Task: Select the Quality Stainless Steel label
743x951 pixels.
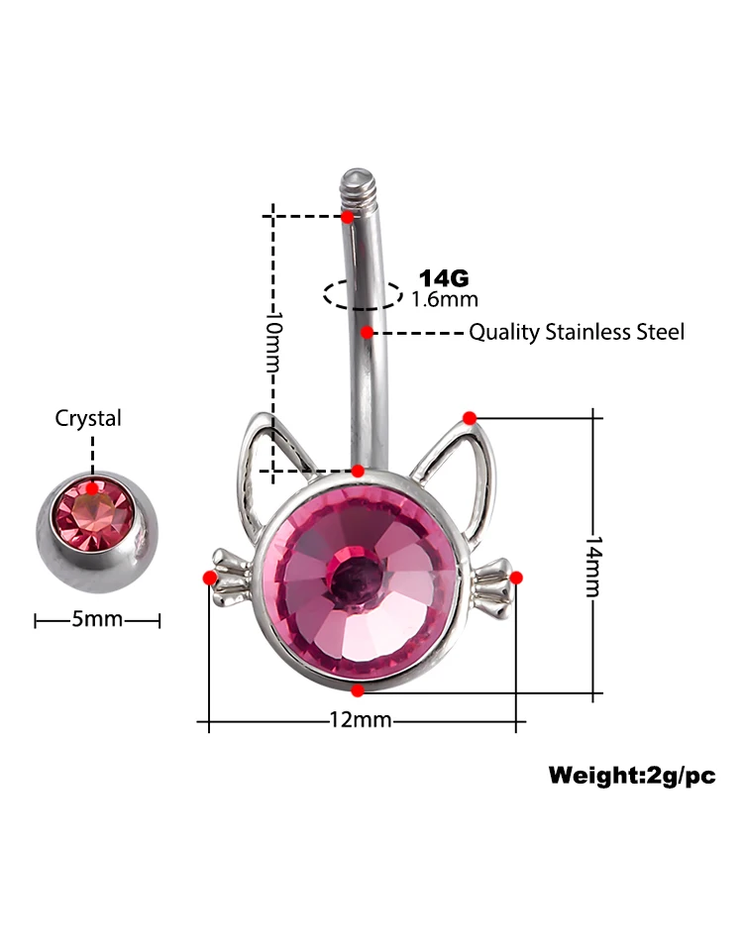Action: (x=576, y=332)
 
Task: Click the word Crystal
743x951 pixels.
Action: (x=88, y=418)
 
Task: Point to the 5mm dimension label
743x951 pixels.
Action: (x=97, y=620)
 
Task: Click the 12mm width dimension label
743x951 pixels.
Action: (x=360, y=720)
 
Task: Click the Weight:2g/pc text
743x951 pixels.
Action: (x=631, y=776)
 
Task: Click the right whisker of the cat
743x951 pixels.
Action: (x=493, y=580)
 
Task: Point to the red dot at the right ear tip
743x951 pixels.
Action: (x=470, y=417)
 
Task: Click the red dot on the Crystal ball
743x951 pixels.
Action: (x=92, y=487)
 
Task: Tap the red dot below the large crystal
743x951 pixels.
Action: (x=358, y=688)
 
